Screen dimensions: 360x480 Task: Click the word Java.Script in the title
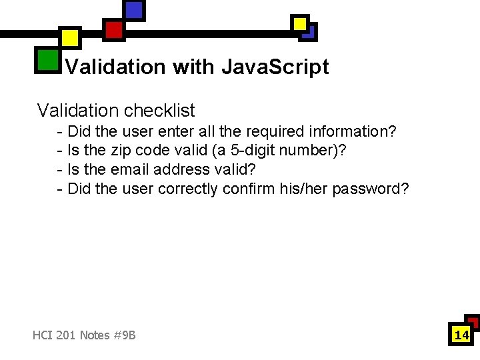(x=275, y=67)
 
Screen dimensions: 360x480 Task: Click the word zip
(x=124, y=151)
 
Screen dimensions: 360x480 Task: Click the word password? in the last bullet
(x=371, y=189)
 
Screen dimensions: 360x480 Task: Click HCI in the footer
(x=42, y=335)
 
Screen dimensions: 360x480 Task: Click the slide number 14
(x=461, y=335)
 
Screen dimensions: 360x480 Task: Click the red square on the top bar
(x=113, y=29)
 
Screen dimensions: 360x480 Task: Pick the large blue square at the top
(x=134, y=9)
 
